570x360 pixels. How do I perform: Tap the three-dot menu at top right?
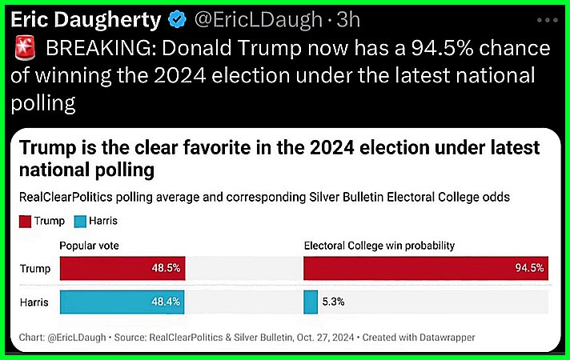click(546, 20)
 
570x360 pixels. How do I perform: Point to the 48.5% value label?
click(167, 268)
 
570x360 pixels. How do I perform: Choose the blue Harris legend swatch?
click(78, 220)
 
